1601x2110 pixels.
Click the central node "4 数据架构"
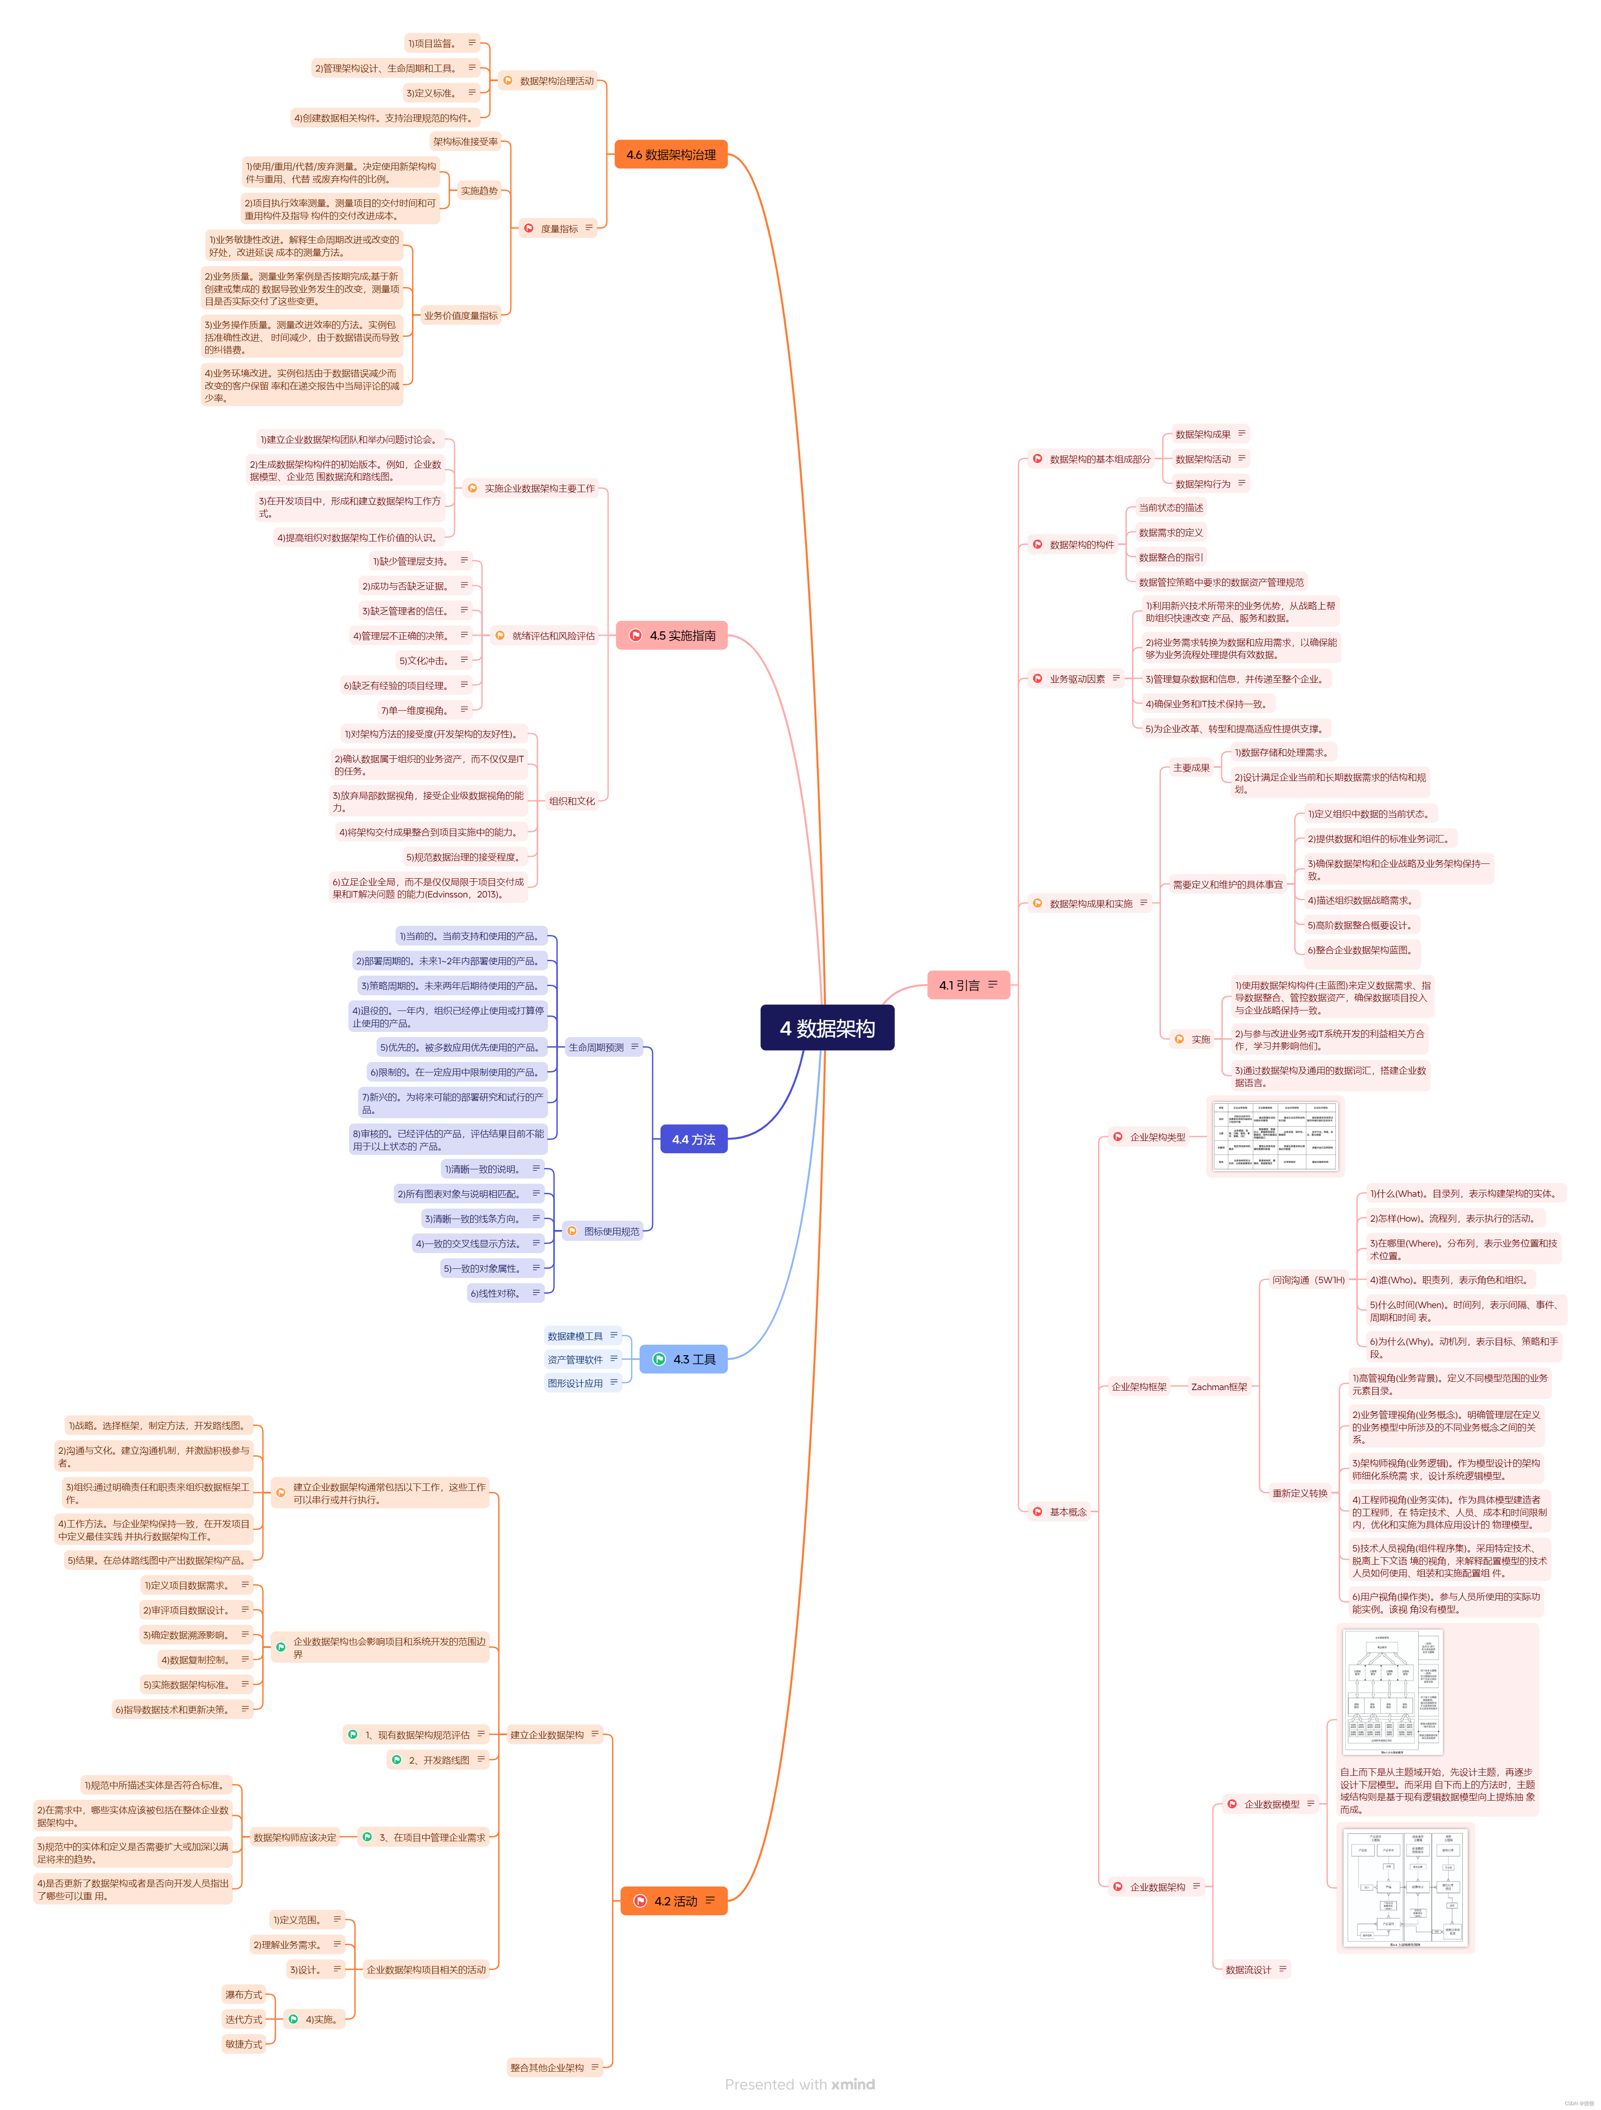[827, 1028]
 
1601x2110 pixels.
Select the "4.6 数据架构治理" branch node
[671, 154]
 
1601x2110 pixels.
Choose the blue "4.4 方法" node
[693, 1139]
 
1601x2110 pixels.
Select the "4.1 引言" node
[967, 984]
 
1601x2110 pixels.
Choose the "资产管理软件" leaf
[575, 1359]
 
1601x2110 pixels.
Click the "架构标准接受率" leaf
[465, 142]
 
